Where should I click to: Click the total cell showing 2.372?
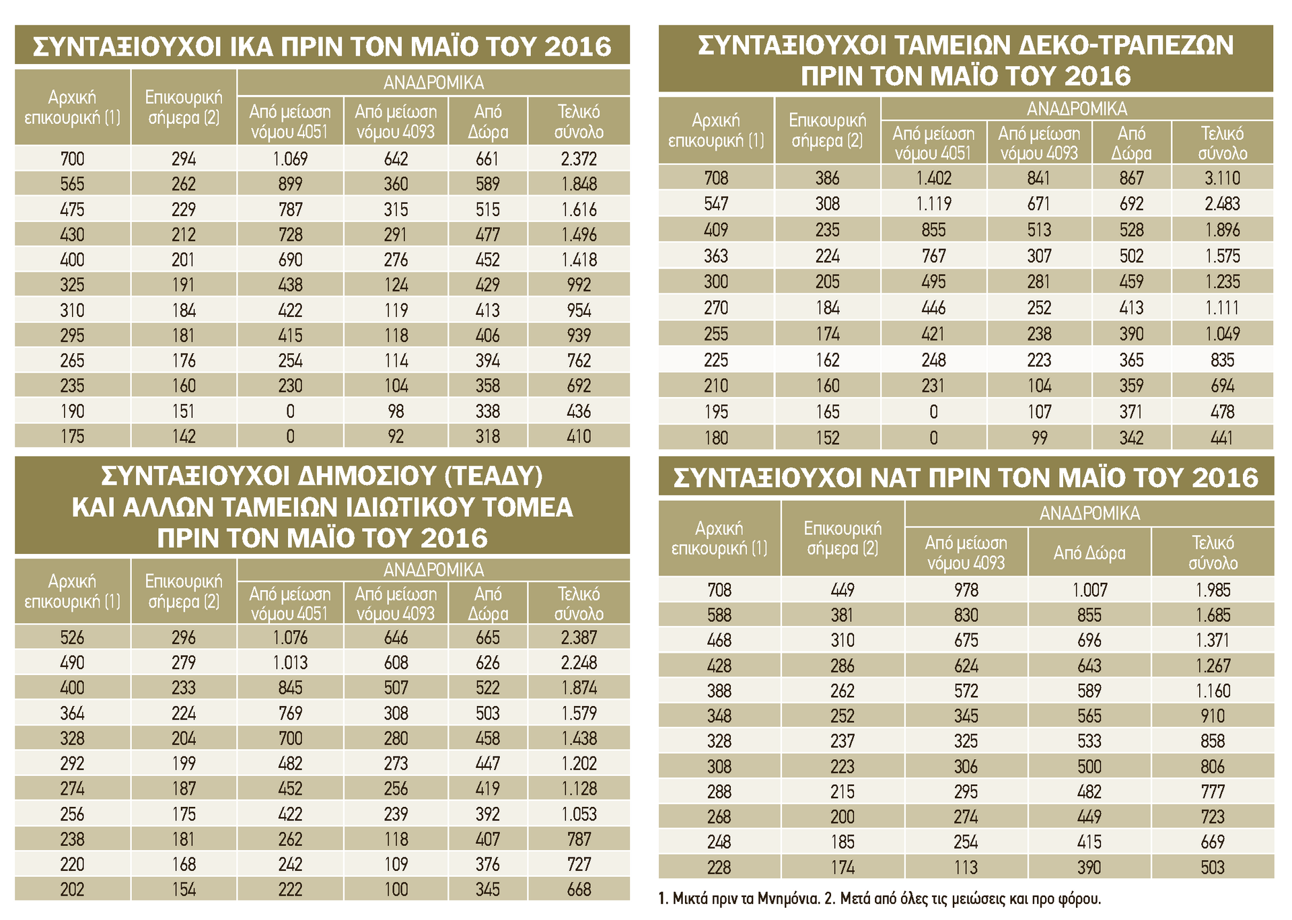579,159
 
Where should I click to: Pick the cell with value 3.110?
1222,178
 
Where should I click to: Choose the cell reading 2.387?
579,637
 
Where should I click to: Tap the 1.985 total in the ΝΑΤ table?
1213,590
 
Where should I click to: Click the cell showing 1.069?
290,159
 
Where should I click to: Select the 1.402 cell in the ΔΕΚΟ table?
933,178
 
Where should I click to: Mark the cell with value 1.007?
1089,590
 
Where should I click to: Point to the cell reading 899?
290,184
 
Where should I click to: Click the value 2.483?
1222,204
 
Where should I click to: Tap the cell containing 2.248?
579,663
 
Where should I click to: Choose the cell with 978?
966,590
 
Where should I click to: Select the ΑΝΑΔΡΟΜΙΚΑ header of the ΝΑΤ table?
1089,514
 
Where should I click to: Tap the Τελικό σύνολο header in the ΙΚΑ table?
579,121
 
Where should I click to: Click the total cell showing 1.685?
1213,615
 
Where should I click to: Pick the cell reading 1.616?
579,209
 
